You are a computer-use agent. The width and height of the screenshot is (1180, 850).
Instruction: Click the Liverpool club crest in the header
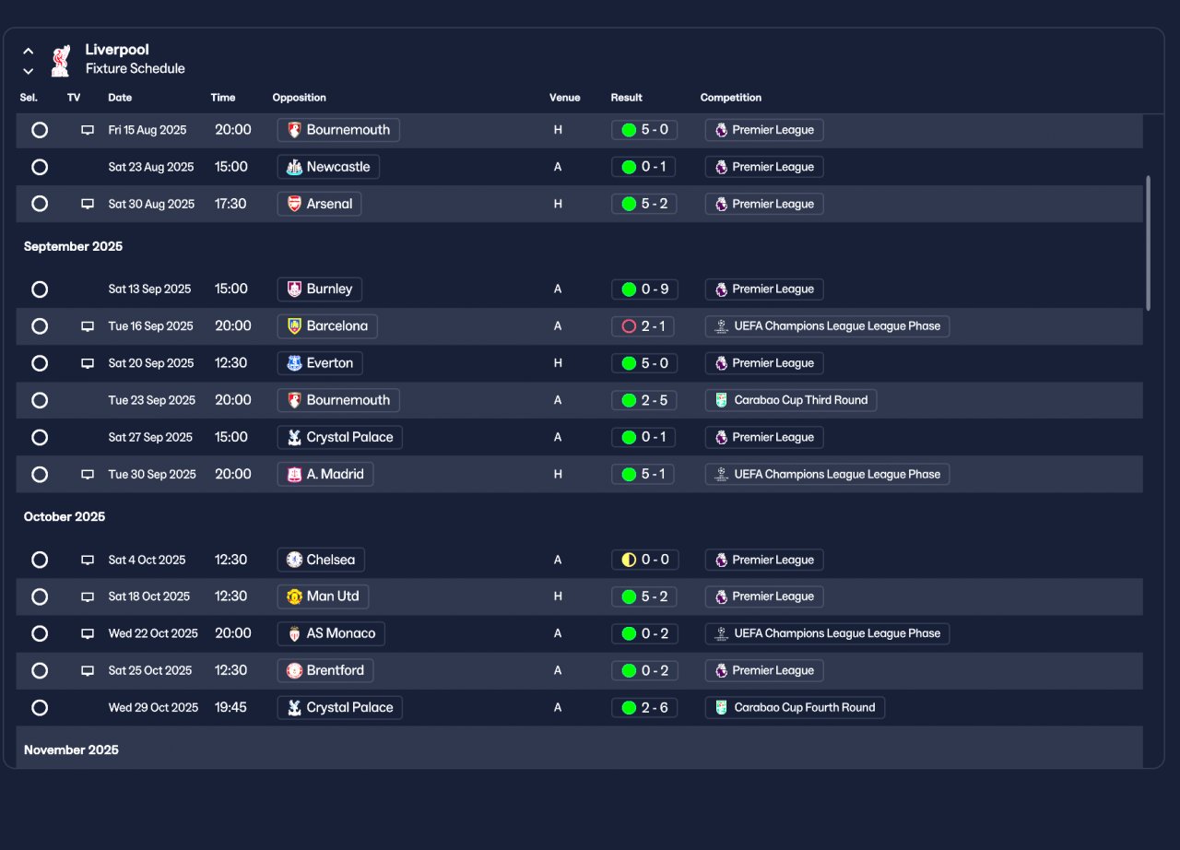click(61, 61)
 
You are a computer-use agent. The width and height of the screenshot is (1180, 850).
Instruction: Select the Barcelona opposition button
click(327, 326)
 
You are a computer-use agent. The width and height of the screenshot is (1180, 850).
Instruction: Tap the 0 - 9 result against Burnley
click(644, 289)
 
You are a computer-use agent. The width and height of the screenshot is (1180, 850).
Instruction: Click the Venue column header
click(564, 98)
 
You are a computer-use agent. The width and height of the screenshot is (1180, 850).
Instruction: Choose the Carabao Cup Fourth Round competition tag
click(795, 707)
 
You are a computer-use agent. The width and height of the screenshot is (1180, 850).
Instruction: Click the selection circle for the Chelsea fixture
click(40, 560)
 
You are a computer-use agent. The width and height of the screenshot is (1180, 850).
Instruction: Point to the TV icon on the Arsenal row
click(88, 204)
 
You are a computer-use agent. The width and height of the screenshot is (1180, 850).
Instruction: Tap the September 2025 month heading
click(73, 246)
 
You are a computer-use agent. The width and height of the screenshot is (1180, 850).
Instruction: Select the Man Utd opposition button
click(323, 596)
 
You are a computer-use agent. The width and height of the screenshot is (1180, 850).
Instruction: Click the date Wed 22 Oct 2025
click(153, 633)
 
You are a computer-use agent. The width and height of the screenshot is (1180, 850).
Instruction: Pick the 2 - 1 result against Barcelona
click(643, 326)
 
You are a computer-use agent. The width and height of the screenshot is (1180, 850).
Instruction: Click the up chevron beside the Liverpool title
click(29, 51)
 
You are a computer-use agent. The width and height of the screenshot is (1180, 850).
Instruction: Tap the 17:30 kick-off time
click(230, 204)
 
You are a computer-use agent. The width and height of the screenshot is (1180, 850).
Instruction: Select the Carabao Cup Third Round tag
click(791, 400)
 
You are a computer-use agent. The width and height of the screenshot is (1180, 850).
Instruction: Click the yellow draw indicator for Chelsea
click(629, 560)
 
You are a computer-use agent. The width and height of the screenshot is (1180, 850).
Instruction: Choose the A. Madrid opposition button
click(325, 474)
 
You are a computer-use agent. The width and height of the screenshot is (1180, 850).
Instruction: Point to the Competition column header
click(731, 98)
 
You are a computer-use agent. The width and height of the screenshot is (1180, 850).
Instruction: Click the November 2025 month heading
click(71, 750)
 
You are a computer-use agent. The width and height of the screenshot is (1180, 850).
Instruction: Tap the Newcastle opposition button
click(328, 167)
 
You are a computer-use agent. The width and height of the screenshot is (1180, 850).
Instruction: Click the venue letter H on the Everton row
click(558, 363)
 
